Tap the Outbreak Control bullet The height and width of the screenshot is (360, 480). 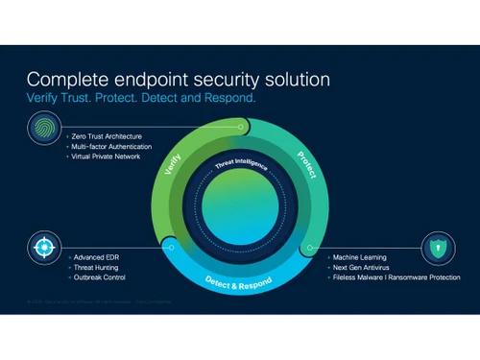pos(98,277)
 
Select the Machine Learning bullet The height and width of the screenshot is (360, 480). pos(359,257)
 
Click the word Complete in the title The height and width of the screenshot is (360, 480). pos(67,80)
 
